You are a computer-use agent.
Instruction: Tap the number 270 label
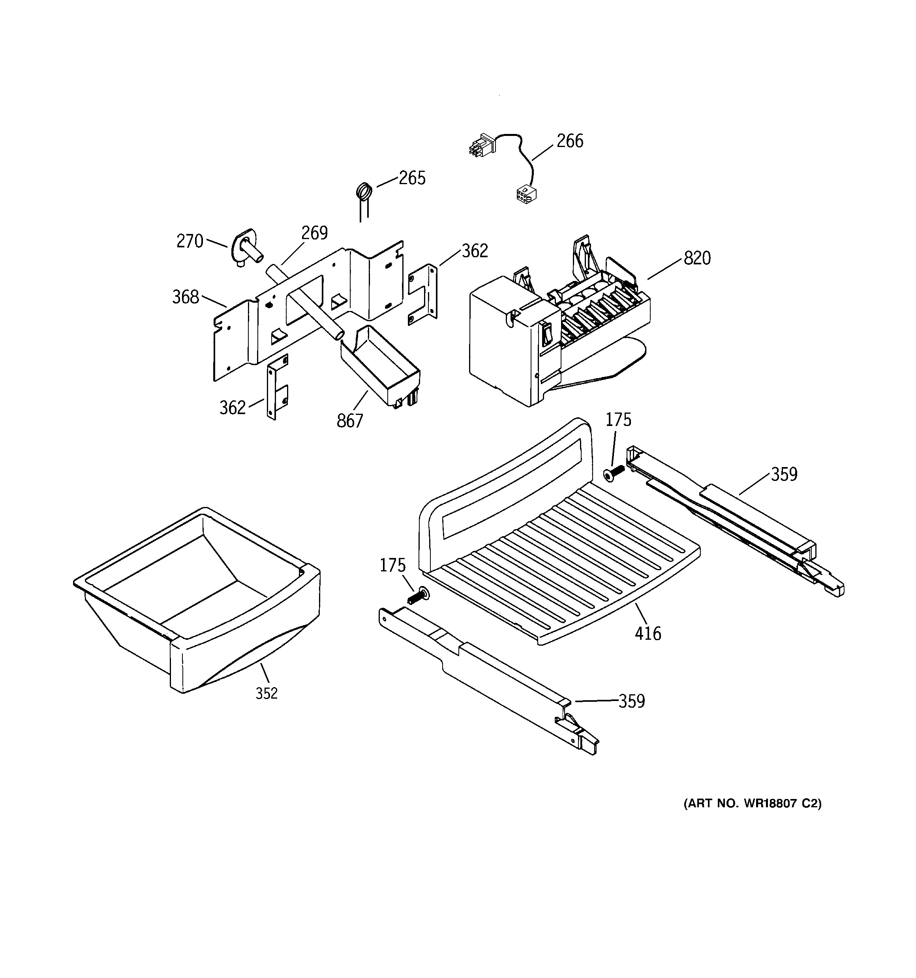point(190,241)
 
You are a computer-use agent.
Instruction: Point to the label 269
point(314,233)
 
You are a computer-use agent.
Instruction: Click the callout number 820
point(697,258)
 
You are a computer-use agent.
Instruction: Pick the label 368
point(185,297)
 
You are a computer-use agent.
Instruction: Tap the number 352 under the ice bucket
point(267,693)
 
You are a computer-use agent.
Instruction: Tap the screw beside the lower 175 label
point(418,597)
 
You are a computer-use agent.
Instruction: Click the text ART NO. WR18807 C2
point(752,803)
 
